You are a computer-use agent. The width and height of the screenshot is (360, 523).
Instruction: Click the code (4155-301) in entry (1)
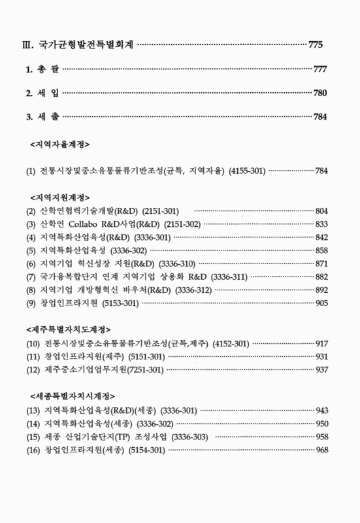pos(247,171)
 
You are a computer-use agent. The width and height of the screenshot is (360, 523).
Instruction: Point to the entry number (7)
pos(31,276)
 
